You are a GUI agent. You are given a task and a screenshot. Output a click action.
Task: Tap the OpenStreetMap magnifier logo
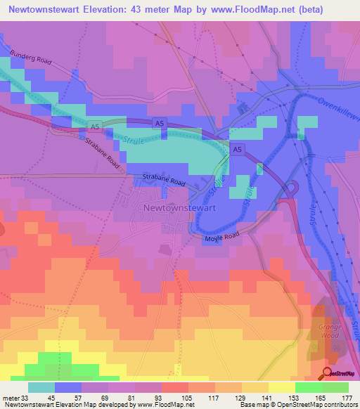[328, 373]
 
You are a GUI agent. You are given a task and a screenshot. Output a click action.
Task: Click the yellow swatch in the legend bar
[282, 387]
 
